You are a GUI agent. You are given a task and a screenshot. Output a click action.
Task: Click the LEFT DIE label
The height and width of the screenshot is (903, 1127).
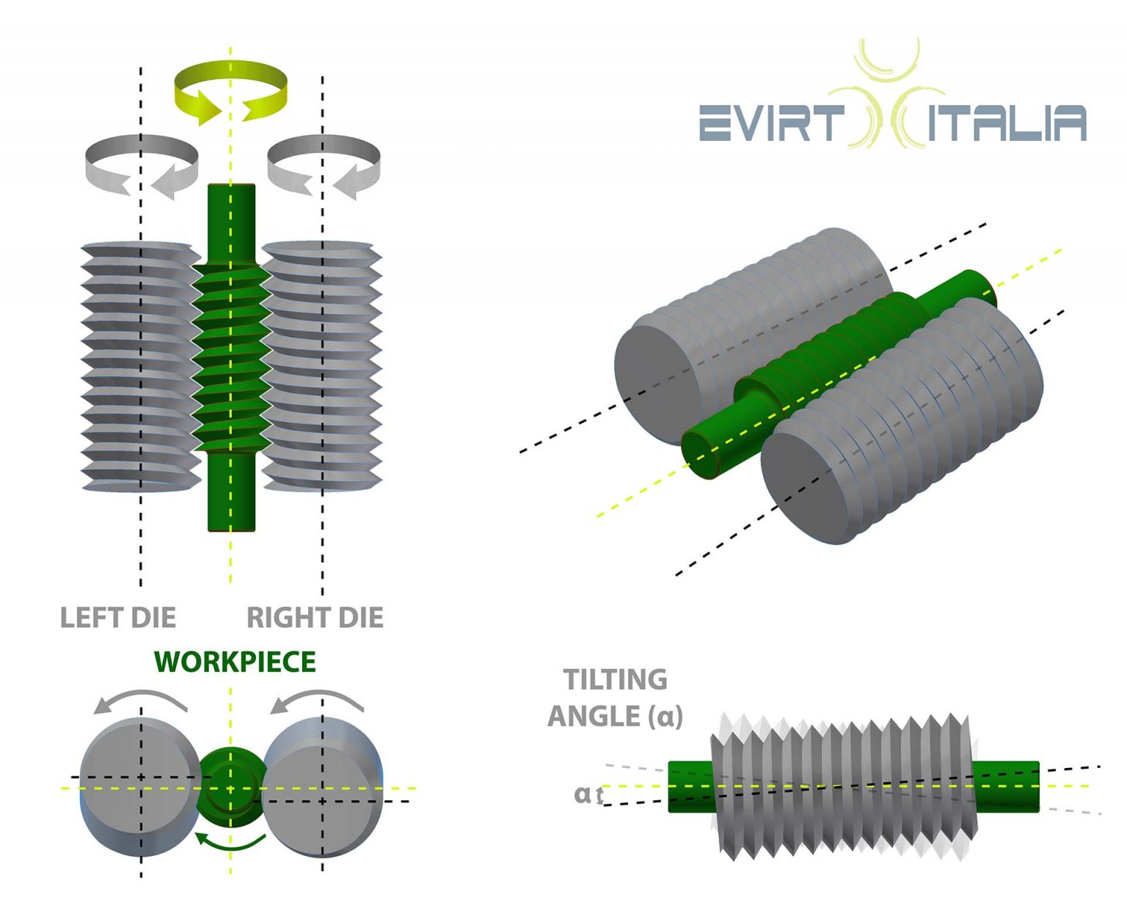[118, 618]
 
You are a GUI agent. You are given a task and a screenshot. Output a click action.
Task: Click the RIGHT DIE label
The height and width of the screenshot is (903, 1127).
[315, 618]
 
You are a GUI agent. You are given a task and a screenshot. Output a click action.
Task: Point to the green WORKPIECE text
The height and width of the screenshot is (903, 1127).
[235, 662]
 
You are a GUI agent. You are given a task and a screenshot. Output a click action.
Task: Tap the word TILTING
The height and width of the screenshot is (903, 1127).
[615, 679]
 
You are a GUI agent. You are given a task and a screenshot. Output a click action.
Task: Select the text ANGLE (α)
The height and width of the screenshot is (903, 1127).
[615, 716]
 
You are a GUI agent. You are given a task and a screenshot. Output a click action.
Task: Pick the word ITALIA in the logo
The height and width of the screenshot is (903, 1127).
[1007, 123]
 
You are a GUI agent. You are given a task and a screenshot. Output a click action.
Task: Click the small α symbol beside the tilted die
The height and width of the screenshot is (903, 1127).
[582, 794]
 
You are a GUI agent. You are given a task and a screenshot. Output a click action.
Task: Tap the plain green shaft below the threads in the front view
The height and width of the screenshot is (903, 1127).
[231, 491]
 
